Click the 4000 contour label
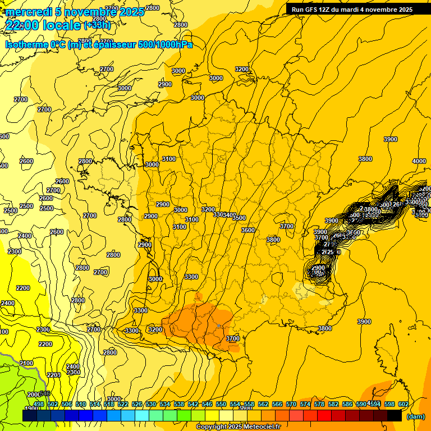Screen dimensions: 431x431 pyautogui.click(x=419, y=161)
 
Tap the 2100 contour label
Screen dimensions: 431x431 pyautogui.click(x=26, y=363)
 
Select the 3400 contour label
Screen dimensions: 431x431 pyautogui.click(x=230, y=215)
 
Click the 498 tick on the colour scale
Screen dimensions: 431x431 pyautogui.click(x=39, y=404)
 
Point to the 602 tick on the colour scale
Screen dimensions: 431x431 pyautogui.click(x=403, y=404)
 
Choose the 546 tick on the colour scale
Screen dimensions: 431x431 pyautogui.click(x=207, y=404)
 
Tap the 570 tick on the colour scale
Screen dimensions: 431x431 pyautogui.click(x=291, y=404)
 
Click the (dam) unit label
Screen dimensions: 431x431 pyautogui.click(x=415, y=416)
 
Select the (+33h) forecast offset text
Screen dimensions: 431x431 pyautogui.click(x=97, y=25)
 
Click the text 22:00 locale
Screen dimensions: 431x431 pyautogui.click(x=43, y=25)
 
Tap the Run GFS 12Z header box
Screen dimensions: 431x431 pyautogui.click(x=352, y=9)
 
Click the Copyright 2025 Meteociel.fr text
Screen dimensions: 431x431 pyautogui.click(x=239, y=427)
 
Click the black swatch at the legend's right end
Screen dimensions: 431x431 pyautogui.click(x=395, y=415)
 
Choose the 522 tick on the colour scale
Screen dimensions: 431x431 pyautogui.click(x=123, y=404)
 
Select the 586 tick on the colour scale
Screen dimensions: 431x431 pyautogui.click(x=347, y=404)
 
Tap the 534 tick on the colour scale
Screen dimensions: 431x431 pyautogui.click(x=165, y=404)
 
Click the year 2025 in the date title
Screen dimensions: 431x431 pyautogui.click(x=131, y=11)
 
